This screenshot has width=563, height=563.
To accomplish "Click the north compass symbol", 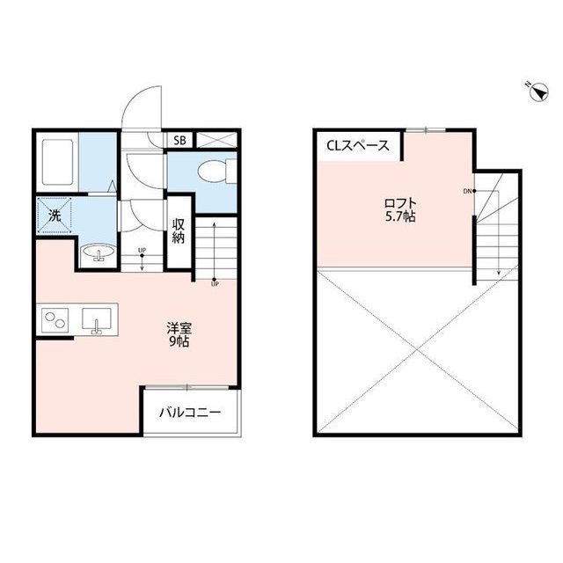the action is [538, 91].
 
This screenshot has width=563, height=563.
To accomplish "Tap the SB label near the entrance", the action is [179, 141].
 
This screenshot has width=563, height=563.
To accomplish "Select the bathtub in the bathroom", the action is [57, 162].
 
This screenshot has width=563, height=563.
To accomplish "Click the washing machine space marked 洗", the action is [55, 216].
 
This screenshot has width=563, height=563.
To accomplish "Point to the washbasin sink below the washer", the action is [98, 252].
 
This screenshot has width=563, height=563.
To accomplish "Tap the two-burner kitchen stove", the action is [55, 320].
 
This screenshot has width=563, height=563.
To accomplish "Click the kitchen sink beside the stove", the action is [96, 319].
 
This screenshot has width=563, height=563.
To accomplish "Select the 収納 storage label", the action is [179, 231].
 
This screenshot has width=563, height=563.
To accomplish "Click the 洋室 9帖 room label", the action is [179, 334].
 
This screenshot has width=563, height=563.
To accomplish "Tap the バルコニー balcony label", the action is [190, 413].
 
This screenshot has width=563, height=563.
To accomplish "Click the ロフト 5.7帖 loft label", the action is [400, 209].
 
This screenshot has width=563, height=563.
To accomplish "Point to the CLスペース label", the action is [358, 146].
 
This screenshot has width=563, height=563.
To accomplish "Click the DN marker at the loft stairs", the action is [467, 192].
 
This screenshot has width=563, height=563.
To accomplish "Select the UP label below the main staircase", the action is [215, 284].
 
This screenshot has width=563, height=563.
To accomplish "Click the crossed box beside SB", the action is [217, 140].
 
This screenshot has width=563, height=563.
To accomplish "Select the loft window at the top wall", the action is [426, 130].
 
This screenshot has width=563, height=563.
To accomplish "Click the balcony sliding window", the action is [187, 387].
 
